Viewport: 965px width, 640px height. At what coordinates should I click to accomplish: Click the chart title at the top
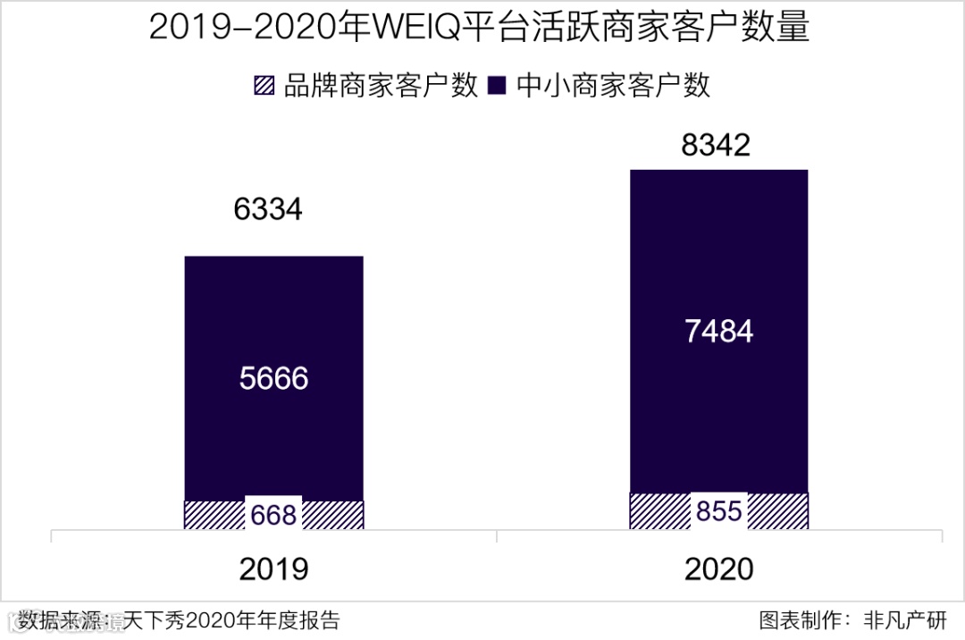pyautogui.click(x=479, y=29)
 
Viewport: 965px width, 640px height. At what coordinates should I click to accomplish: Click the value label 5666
pyautogui.click(x=273, y=379)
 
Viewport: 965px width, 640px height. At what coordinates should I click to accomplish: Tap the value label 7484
pyautogui.click(x=718, y=332)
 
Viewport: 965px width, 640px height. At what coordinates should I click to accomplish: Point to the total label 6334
pyautogui.click(x=268, y=210)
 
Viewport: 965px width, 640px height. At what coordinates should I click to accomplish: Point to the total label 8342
pyautogui.click(x=716, y=146)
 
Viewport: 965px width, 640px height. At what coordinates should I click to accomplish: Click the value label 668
pyautogui.click(x=273, y=515)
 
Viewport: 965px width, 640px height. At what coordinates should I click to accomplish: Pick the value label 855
pyautogui.click(x=718, y=511)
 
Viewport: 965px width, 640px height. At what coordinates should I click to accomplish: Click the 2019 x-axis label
pyautogui.click(x=273, y=569)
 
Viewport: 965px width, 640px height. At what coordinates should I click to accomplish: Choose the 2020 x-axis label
pyautogui.click(x=718, y=569)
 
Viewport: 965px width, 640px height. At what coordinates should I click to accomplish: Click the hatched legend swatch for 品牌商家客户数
pyautogui.click(x=265, y=86)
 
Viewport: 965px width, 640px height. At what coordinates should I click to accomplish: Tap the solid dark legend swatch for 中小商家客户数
pyautogui.click(x=499, y=86)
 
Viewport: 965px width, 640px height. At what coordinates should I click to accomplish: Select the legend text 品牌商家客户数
pyautogui.click(x=381, y=86)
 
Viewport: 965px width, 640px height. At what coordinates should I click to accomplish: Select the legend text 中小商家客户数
pyautogui.click(x=614, y=86)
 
